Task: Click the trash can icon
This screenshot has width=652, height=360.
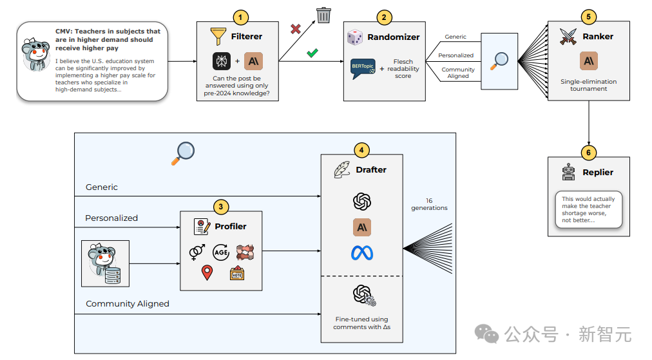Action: point(323,15)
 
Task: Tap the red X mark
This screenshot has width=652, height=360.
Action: point(296,29)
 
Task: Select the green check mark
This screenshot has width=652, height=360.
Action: point(312,53)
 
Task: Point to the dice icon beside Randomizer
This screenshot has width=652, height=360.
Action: point(355,37)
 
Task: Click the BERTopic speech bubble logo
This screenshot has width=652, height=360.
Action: point(363,68)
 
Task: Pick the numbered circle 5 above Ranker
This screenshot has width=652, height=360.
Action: point(588,17)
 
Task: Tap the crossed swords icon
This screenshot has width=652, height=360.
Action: point(568,37)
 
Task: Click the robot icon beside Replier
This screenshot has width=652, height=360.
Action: point(568,172)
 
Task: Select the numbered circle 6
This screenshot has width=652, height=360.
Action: point(588,153)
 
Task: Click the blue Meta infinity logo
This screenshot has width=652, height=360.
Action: point(362,253)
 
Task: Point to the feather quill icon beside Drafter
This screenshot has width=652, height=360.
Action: point(342,170)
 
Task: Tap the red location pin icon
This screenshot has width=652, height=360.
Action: point(207,272)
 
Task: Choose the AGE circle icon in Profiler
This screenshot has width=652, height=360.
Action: point(221,252)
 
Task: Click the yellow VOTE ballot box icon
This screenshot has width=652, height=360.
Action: point(237,273)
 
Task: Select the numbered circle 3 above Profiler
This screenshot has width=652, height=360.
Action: point(221,207)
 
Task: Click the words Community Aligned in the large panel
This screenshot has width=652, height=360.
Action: point(127,304)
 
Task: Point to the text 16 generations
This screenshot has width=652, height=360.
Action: point(429,204)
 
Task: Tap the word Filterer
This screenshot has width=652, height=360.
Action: point(247,37)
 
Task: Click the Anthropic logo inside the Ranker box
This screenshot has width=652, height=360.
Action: point(589,61)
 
